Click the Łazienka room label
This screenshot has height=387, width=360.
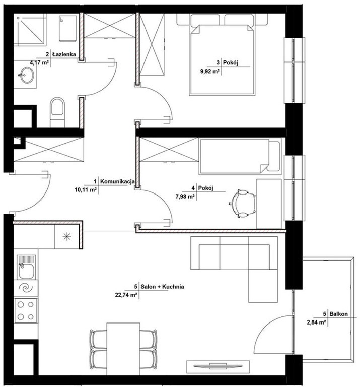(64, 54)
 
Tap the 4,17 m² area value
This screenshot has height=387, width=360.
(39, 62)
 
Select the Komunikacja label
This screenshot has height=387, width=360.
(117, 181)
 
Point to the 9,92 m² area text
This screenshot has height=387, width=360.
(210, 72)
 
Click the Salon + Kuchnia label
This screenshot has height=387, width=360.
(162, 287)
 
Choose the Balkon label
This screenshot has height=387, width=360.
(338, 314)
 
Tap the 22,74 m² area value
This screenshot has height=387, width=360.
(126, 295)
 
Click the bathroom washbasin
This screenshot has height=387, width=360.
(27, 75)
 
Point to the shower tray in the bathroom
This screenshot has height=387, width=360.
(30, 30)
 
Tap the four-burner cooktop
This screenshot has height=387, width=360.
(26, 310)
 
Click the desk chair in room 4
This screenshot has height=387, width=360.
(242, 204)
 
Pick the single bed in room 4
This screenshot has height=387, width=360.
(240, 157)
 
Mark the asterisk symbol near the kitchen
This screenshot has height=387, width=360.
(67, 237)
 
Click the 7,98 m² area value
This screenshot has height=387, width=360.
(185, 197)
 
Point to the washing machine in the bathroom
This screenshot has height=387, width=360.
(67, 29)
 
